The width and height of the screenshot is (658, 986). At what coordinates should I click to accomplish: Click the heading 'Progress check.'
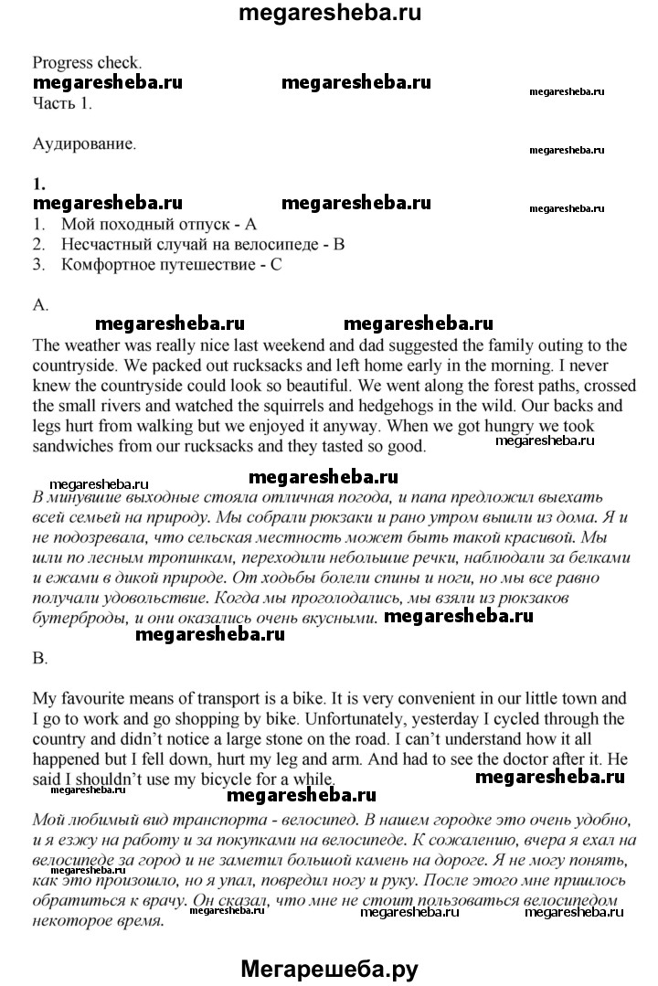tap(88, 63)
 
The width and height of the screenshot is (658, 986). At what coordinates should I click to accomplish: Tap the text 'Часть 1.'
tap(62, 102)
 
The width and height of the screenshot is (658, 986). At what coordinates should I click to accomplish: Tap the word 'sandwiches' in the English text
tap(73, 447)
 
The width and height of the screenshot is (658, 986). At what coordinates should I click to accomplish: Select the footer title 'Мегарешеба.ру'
tap(329, 968)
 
